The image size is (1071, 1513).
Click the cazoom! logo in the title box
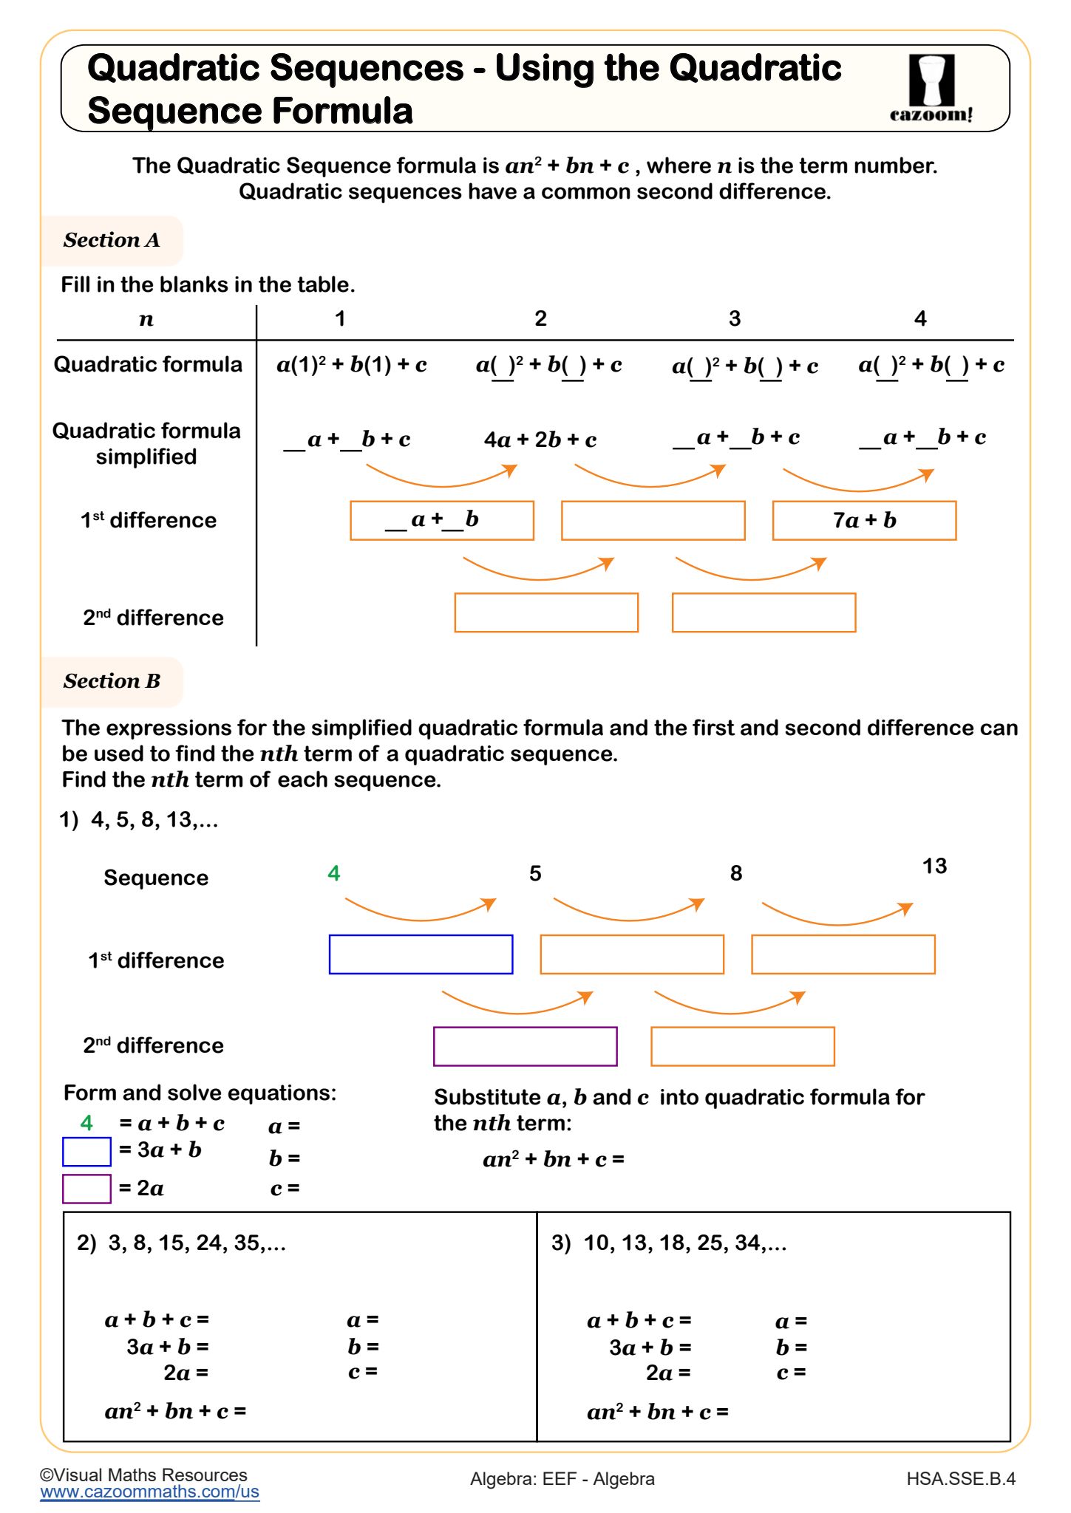931,88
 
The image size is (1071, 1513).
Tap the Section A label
112,240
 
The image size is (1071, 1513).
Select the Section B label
112,681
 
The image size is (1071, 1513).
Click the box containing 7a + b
864,521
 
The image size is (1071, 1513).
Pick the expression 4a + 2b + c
540,440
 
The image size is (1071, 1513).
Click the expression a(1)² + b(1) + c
352,365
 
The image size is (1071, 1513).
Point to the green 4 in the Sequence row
334,874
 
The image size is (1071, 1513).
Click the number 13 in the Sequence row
934,866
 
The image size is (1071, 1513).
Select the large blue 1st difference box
421,954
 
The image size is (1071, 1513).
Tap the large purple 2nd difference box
525,1046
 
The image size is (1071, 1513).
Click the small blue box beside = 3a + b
86,1152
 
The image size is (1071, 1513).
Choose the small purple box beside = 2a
86,1189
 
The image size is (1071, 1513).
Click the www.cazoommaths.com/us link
149,1492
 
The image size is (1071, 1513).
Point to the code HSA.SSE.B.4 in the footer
960,1479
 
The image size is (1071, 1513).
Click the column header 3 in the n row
734,319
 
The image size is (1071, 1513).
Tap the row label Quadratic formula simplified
146,443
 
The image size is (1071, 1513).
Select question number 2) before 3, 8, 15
86,1243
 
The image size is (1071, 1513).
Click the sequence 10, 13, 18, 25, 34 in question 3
684,1243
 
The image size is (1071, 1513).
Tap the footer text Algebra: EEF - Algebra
562,1479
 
